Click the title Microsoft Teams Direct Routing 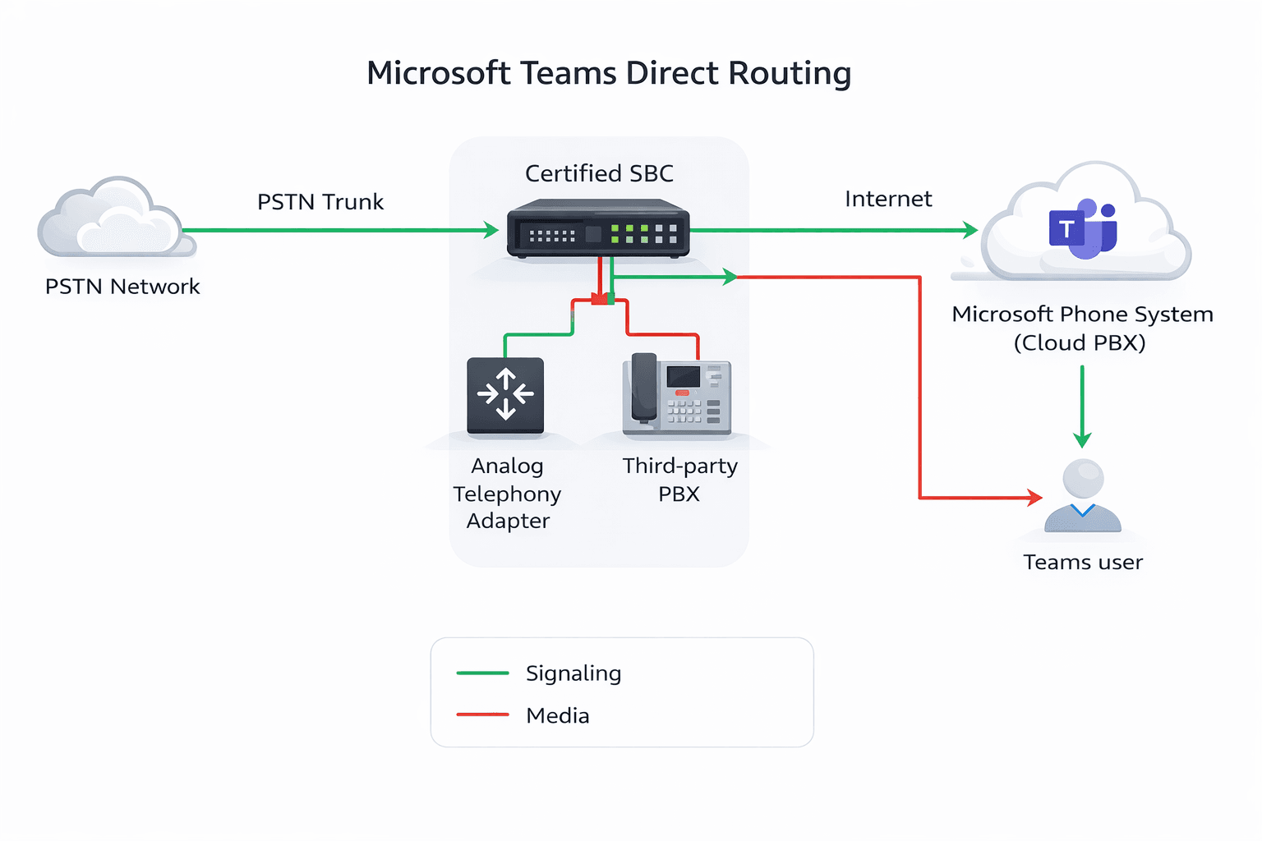pos(609,73)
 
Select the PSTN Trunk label pos(320,202)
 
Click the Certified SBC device pos(597,229)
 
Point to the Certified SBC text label pos(599,174)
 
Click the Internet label pos(888,200)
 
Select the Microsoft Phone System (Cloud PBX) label pos(1081,328)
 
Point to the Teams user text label pos(1083,563)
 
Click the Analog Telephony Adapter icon pos(505,395)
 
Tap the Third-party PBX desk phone pos(676,393)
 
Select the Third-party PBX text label pos(679,480)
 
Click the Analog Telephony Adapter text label pos(507,494)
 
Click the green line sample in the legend pos(482,673)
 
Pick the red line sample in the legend pos(482,715)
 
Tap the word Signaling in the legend pos(573,673)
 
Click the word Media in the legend pos(558,716)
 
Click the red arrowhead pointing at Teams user pos(1034,497)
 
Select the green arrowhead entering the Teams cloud pos(970,230)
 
